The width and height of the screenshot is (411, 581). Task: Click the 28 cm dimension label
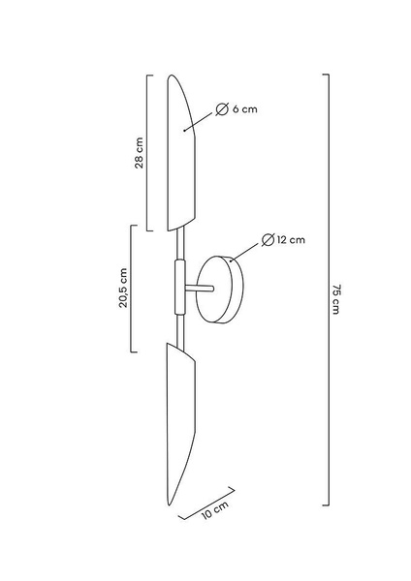[139, 153]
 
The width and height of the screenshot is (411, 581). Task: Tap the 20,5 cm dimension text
[123, 288]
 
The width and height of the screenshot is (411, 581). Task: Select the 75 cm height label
[335, 299]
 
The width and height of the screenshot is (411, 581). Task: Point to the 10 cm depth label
[215, 510]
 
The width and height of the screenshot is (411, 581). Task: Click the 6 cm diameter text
[245, 109]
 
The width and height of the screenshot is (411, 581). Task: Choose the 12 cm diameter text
[291, 240]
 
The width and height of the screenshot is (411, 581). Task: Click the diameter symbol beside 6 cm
[222, 109]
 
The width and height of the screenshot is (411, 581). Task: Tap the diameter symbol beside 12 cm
[268, 240]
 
